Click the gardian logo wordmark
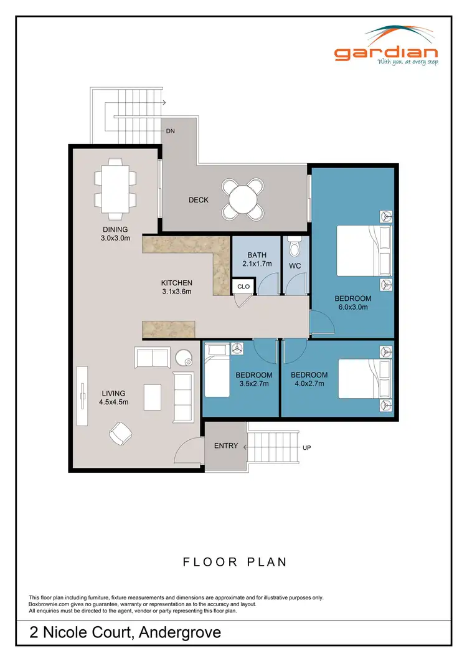point(386,53)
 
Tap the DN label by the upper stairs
point(170,131)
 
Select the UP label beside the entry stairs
point(306,448)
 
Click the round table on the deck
point(245,199)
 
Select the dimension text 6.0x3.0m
point(352,307)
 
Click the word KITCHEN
point(177,282)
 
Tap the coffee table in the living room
point(153,396)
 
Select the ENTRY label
point(225,445)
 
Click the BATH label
point(257,255)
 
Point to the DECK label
point(199,200)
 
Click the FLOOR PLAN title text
point(235,561)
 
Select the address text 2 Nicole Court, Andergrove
point(125,633)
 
